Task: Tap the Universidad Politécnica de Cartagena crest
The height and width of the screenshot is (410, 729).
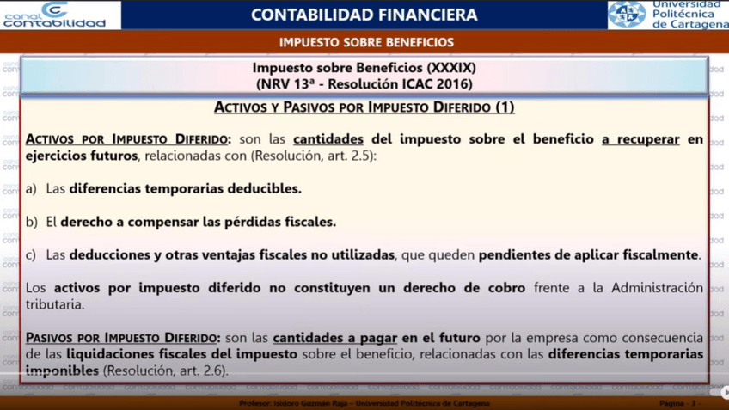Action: tap(627, 15)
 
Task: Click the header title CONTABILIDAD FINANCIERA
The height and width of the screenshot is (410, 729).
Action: tap(364, 15)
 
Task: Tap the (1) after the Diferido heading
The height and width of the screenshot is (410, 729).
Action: tap(505, 107)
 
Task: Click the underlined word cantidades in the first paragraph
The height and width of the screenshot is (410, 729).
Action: tap(328, 139)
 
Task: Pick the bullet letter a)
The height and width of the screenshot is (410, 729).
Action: tap(31, 187)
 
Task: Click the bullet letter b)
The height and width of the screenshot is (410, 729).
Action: tap(31, 222)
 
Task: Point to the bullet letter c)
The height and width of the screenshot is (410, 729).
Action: tap(31, 254)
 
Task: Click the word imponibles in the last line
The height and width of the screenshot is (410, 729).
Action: tap(62, 370)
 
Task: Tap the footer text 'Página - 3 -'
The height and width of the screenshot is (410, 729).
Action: tap(677, 403)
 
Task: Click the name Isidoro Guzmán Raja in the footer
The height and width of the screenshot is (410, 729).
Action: tap(309, 403)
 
